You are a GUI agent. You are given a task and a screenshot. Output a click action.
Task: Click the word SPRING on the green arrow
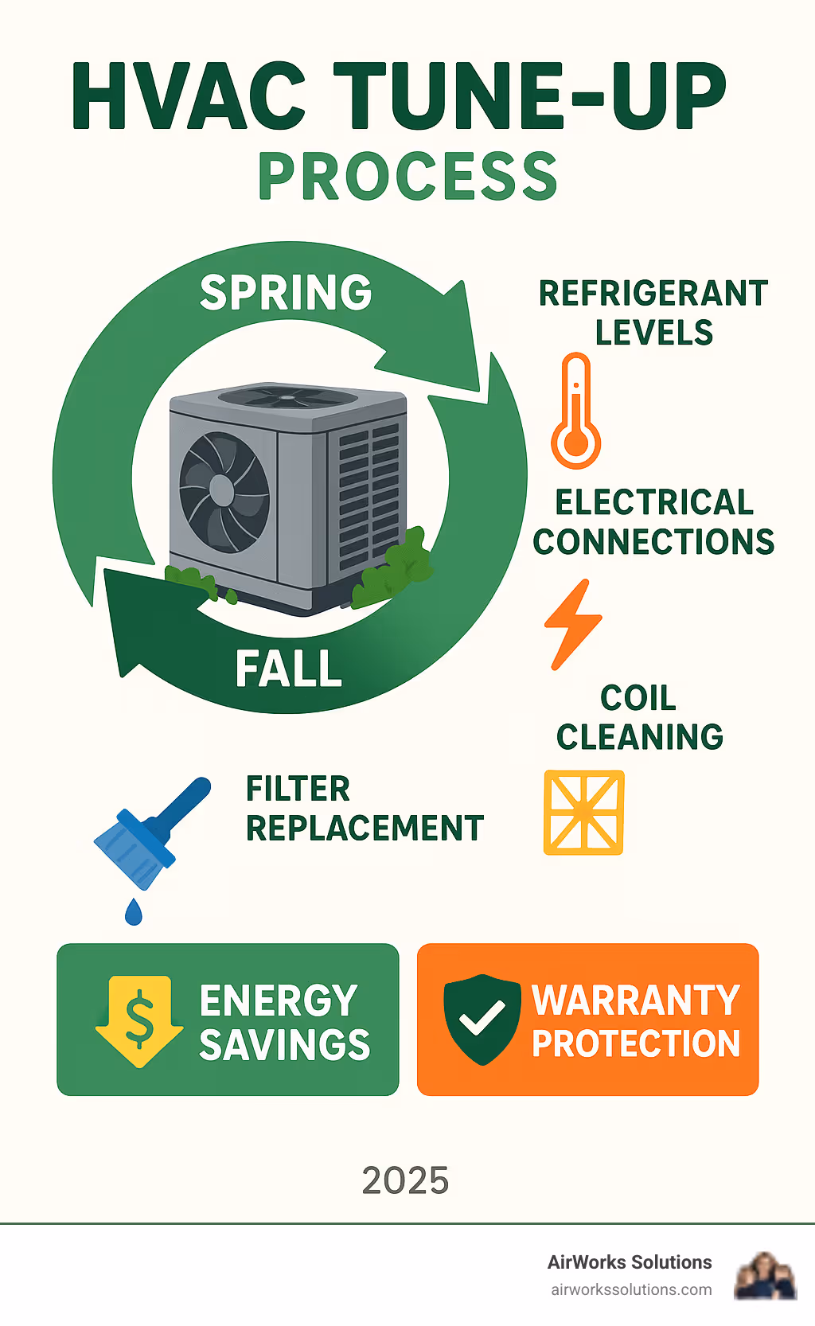(x=286, y=293)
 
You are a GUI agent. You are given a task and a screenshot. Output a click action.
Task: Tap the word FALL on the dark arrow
(x=289, y=669)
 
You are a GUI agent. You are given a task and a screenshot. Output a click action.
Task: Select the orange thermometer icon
(x=575, y=411)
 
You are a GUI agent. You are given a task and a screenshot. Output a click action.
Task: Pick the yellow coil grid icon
(x=583, y=812)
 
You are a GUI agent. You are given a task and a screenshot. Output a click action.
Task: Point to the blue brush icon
(x=151, y=832)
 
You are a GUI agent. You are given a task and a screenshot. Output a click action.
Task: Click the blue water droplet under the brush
(x=134, y=912)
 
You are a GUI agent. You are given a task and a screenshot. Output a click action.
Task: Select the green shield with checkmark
(x=482, y=1019)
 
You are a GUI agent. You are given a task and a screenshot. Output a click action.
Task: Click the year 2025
(x=405, y=1180)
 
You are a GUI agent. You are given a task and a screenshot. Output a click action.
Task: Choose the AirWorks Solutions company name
(x=630, y=1262)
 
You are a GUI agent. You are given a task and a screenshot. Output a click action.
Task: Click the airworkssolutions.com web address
(x=631, y=1289)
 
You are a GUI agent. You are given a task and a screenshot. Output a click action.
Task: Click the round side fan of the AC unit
(x=224, y=491)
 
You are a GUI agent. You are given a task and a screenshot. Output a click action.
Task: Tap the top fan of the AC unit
(x=288, y=396)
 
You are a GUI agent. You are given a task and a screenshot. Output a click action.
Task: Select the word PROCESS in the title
(x=407, y=177)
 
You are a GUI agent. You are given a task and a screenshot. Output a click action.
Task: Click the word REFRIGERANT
(x=653, y=294)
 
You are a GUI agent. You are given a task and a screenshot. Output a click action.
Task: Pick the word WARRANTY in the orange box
(x=635, y=1000)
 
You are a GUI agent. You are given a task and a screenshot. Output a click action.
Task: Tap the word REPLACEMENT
(x=365, y=829)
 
